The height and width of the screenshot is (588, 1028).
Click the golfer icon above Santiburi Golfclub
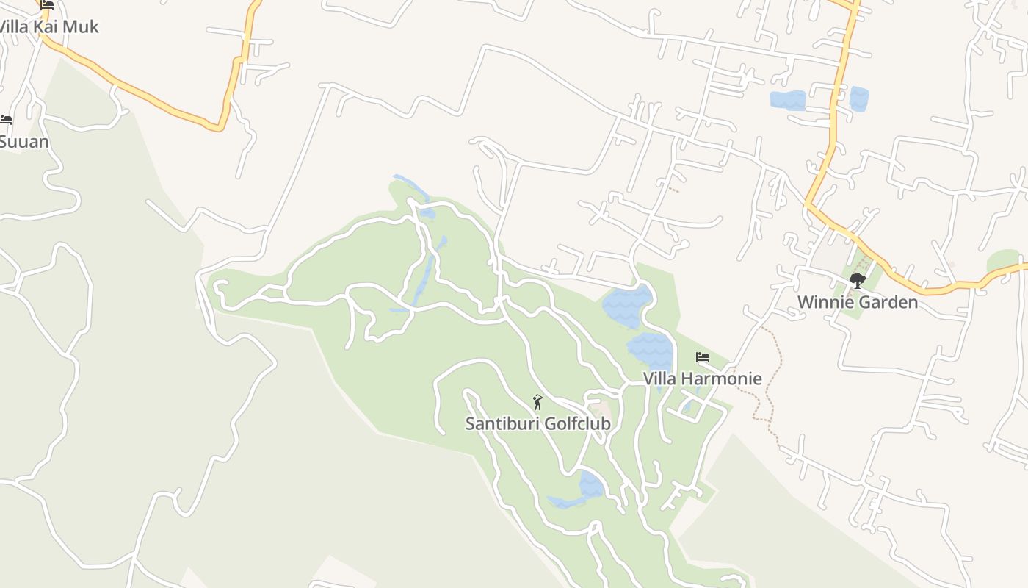[537, 402]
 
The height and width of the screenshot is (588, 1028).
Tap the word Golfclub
[577, 424]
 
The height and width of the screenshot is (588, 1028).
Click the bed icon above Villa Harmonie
[703, 358]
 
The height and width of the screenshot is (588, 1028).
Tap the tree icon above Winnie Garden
[857, 280]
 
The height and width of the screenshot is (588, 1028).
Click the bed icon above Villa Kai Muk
[47, 5]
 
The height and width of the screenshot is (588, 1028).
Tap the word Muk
[82, 27]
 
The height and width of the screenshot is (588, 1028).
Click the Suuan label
[23, 141]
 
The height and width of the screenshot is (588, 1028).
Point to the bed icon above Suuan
[6, 119]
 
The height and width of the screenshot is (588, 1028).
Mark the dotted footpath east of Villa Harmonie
[769, 382]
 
